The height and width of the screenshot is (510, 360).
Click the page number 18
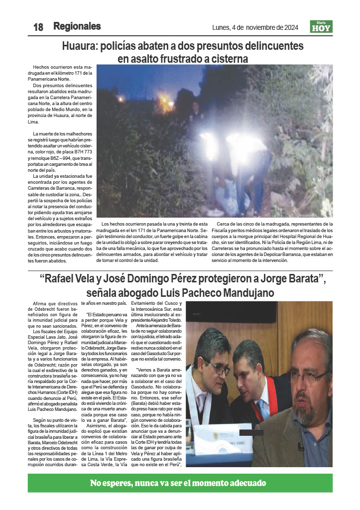pyautogui.click(x=38, y=27)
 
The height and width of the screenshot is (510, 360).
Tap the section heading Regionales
pyautogui.click(x=77, y=26)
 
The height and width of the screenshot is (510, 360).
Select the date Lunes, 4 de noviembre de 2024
pyautogui.click(x=255, y=27)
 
